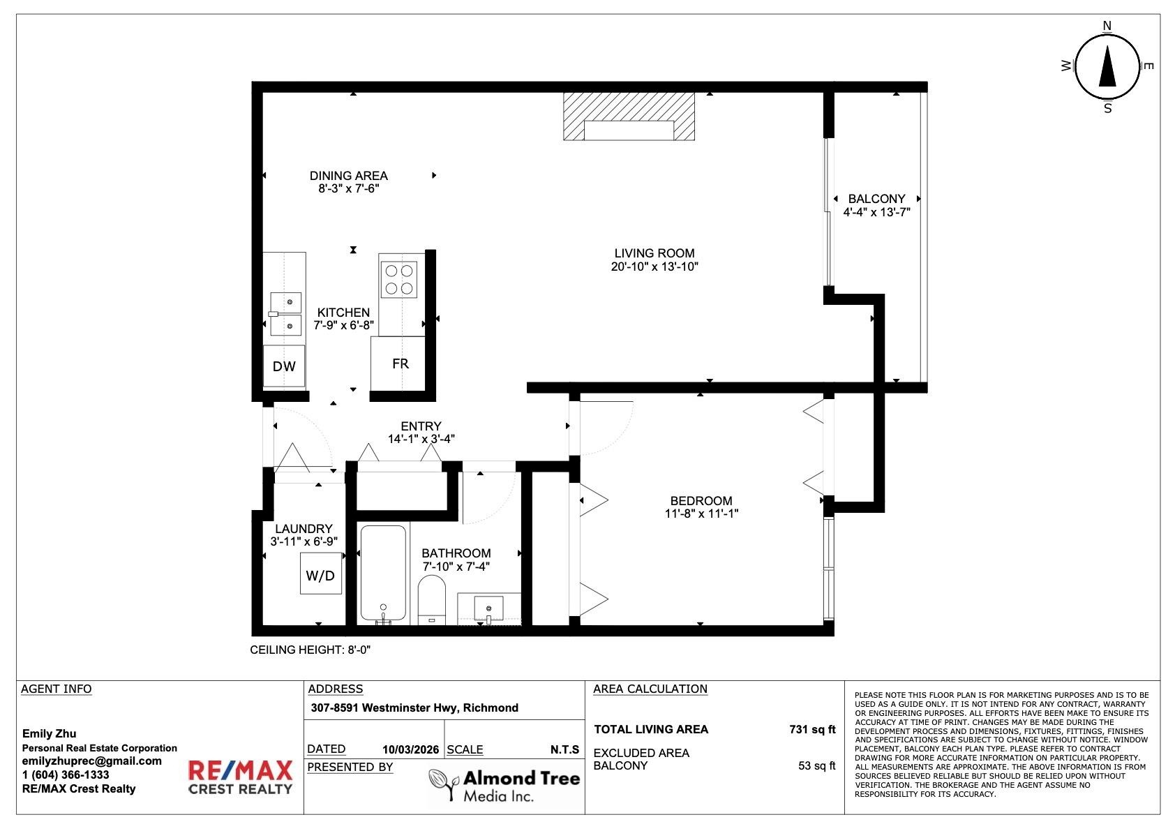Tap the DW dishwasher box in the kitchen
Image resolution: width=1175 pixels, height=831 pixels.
(x=284, y=366)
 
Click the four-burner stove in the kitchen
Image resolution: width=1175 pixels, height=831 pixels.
(x=398, y=280)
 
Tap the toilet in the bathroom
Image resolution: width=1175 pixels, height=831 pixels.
(x=432, y=599)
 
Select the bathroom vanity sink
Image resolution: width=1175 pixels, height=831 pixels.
(x=488, y=608)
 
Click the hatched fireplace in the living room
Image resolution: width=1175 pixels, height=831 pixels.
(x=629, y=117)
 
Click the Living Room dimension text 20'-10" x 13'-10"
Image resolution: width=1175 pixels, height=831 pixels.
(x=654, y=267)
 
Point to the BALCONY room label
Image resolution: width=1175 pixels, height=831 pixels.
(x=876, y=199)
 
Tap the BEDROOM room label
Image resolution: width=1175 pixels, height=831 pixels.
(x=701, y=500)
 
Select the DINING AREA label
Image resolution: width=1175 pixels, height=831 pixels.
(x=348, y=176)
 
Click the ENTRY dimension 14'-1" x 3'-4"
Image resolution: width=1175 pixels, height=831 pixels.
(x=421, y=439)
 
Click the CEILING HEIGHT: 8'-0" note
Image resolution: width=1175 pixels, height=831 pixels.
(x=310, y=650)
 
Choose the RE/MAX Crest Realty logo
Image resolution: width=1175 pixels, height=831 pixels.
(x=240, y=777)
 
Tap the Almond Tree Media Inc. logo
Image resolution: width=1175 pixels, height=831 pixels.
(x=504, y=786)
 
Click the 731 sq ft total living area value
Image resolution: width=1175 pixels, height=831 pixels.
(x=812, y=729)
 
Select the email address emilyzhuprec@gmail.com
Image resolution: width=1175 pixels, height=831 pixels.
(x=92, y=761)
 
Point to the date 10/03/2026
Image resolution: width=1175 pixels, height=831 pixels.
(x=410, y=749)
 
